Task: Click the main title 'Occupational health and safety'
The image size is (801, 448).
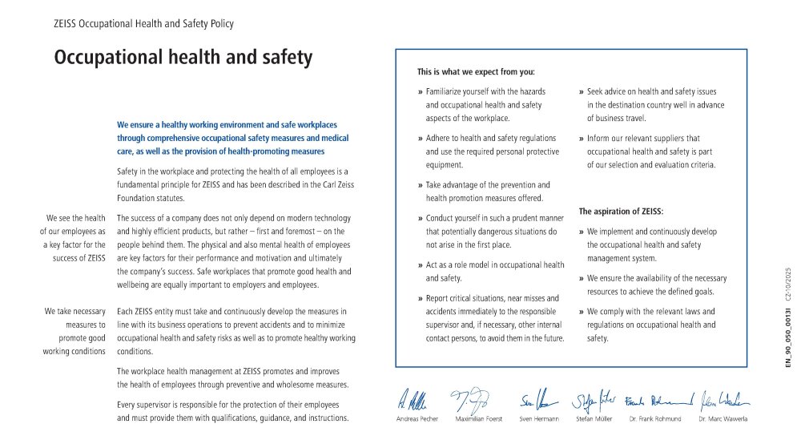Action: click(x=183, y=58)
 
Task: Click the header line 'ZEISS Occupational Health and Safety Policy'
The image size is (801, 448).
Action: click(x=143, y=24)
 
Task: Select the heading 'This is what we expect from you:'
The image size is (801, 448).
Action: click(x=476, y=71)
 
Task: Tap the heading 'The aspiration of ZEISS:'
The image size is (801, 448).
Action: click(x=621, y=212)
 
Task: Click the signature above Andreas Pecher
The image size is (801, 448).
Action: click(x=414, y=398)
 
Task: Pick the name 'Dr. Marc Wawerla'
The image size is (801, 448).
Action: click(x=723, y=419)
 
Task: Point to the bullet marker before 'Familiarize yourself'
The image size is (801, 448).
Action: click(x=421, y=92)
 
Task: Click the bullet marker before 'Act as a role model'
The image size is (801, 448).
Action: click(x=421, y=265)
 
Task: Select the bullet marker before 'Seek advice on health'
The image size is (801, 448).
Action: click(x=582, y=92)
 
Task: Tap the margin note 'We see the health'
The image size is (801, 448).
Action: click(x=76, y=218)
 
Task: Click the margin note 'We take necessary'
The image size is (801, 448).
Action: click(x=74, y=312)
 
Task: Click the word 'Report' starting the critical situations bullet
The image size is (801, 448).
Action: click(x=439, y=299)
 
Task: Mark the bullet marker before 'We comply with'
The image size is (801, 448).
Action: click(x=582, y=312)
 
